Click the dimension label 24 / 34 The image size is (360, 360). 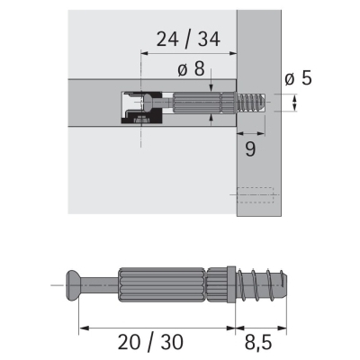(188, 40)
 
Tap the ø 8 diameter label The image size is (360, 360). (191, 68)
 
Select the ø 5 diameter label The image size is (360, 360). (299, 78)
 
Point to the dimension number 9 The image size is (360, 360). (250, 149)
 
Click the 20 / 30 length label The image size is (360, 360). (150, 342)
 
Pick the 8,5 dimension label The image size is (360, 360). (258, 343)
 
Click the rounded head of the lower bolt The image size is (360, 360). (71, 285)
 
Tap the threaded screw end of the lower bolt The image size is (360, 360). (262, 284)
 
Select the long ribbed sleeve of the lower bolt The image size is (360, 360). (162, 284)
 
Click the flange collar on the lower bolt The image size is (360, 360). (230, 284)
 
